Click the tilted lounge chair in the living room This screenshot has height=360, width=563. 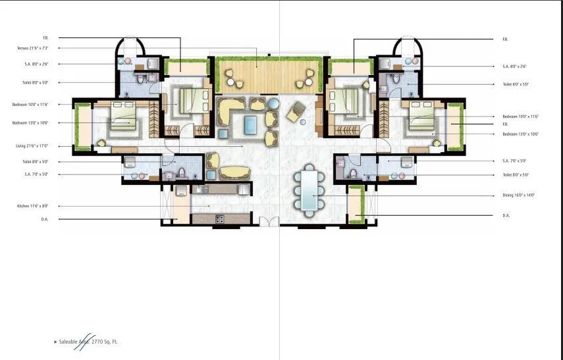296,115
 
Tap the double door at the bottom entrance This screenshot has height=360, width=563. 269,222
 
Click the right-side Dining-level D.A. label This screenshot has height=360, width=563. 506,215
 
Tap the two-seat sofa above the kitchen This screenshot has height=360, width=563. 235,172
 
